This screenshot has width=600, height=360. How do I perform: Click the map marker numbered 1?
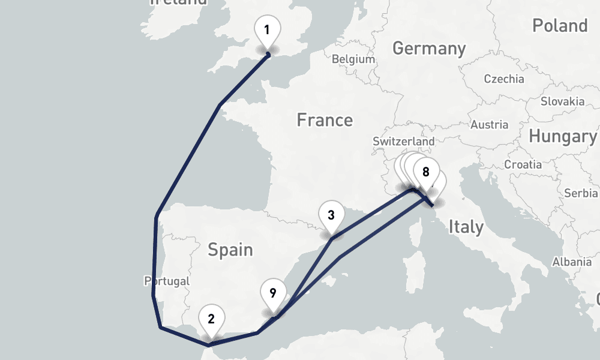[268, 30]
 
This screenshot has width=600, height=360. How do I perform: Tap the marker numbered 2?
[211, 319]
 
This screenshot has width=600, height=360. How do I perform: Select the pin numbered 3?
[332, 215]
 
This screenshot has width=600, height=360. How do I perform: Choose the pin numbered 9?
[273, 293]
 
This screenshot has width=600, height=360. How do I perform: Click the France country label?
[325, 121]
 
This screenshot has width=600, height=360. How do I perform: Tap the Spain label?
[230, 250]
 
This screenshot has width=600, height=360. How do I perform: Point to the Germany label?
[429, 49]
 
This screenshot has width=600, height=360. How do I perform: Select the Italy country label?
[466, 227]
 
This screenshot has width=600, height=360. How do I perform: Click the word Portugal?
[167, 281]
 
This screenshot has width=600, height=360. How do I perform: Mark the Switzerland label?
[403, 141]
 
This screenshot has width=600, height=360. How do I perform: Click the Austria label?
[490, 125]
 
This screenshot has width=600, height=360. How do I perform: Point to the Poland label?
[559, 26]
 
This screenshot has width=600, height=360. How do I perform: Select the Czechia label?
[503, 79]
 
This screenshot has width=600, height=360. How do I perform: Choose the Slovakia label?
[562, 101]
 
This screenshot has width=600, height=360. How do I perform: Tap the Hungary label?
[562, 137]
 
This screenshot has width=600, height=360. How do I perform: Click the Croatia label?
[523, 164]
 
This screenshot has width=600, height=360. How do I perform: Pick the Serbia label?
[581, 193]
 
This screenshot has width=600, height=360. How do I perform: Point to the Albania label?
[572, 262]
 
